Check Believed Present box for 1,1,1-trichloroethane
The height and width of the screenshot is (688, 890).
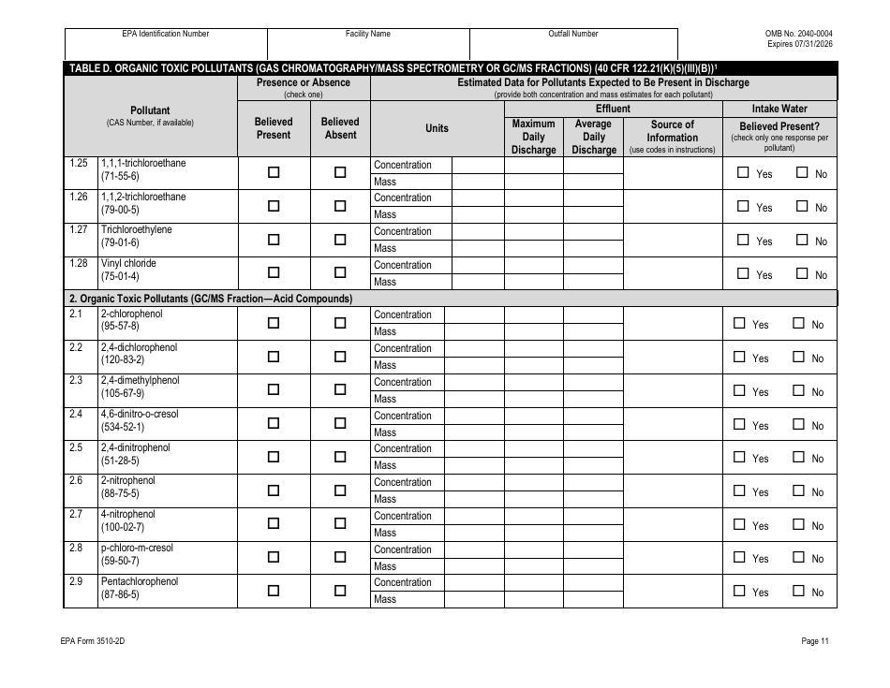274,172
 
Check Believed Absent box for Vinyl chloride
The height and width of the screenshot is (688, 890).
340,272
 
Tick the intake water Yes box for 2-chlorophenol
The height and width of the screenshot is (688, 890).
739,324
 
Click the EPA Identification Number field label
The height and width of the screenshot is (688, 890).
166,34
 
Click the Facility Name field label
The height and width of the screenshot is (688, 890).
368,34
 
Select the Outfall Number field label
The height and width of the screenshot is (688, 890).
572,34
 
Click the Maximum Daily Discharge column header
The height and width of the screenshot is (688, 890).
533,137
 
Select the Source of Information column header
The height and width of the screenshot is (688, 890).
672,136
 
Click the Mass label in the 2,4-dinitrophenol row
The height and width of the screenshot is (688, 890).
385,465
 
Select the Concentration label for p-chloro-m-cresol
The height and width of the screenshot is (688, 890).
403,549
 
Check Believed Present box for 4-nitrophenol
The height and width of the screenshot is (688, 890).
274,523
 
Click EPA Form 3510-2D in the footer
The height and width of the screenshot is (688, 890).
98,641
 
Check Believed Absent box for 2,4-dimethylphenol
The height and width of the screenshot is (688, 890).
340,389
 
